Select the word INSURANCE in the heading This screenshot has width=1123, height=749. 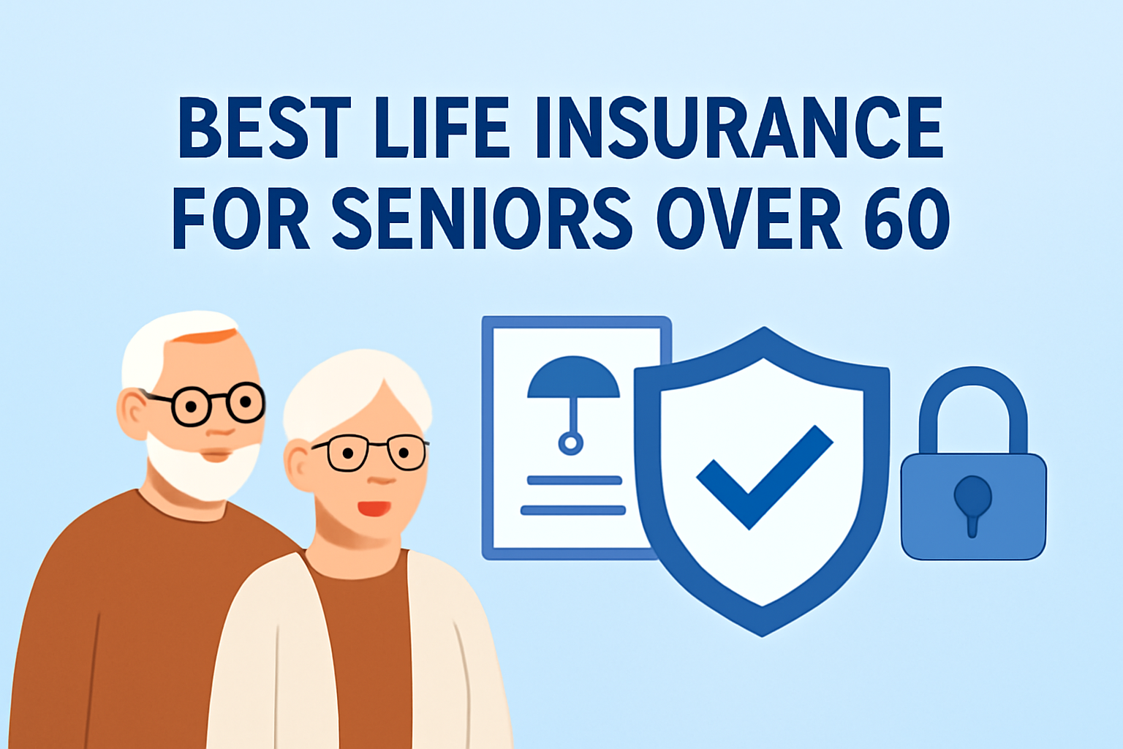(740, 127)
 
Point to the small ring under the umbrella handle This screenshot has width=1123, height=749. (570, 443)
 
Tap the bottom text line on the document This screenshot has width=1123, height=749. (573, 511)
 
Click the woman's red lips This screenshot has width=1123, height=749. (374, 508)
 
